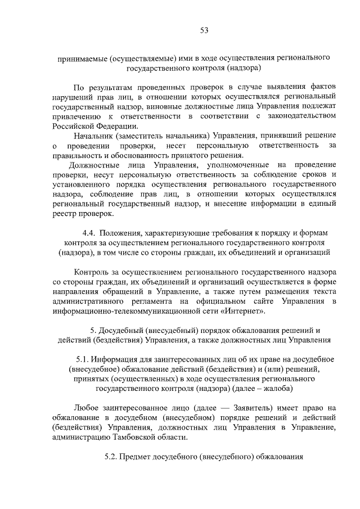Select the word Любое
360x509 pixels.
87,407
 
